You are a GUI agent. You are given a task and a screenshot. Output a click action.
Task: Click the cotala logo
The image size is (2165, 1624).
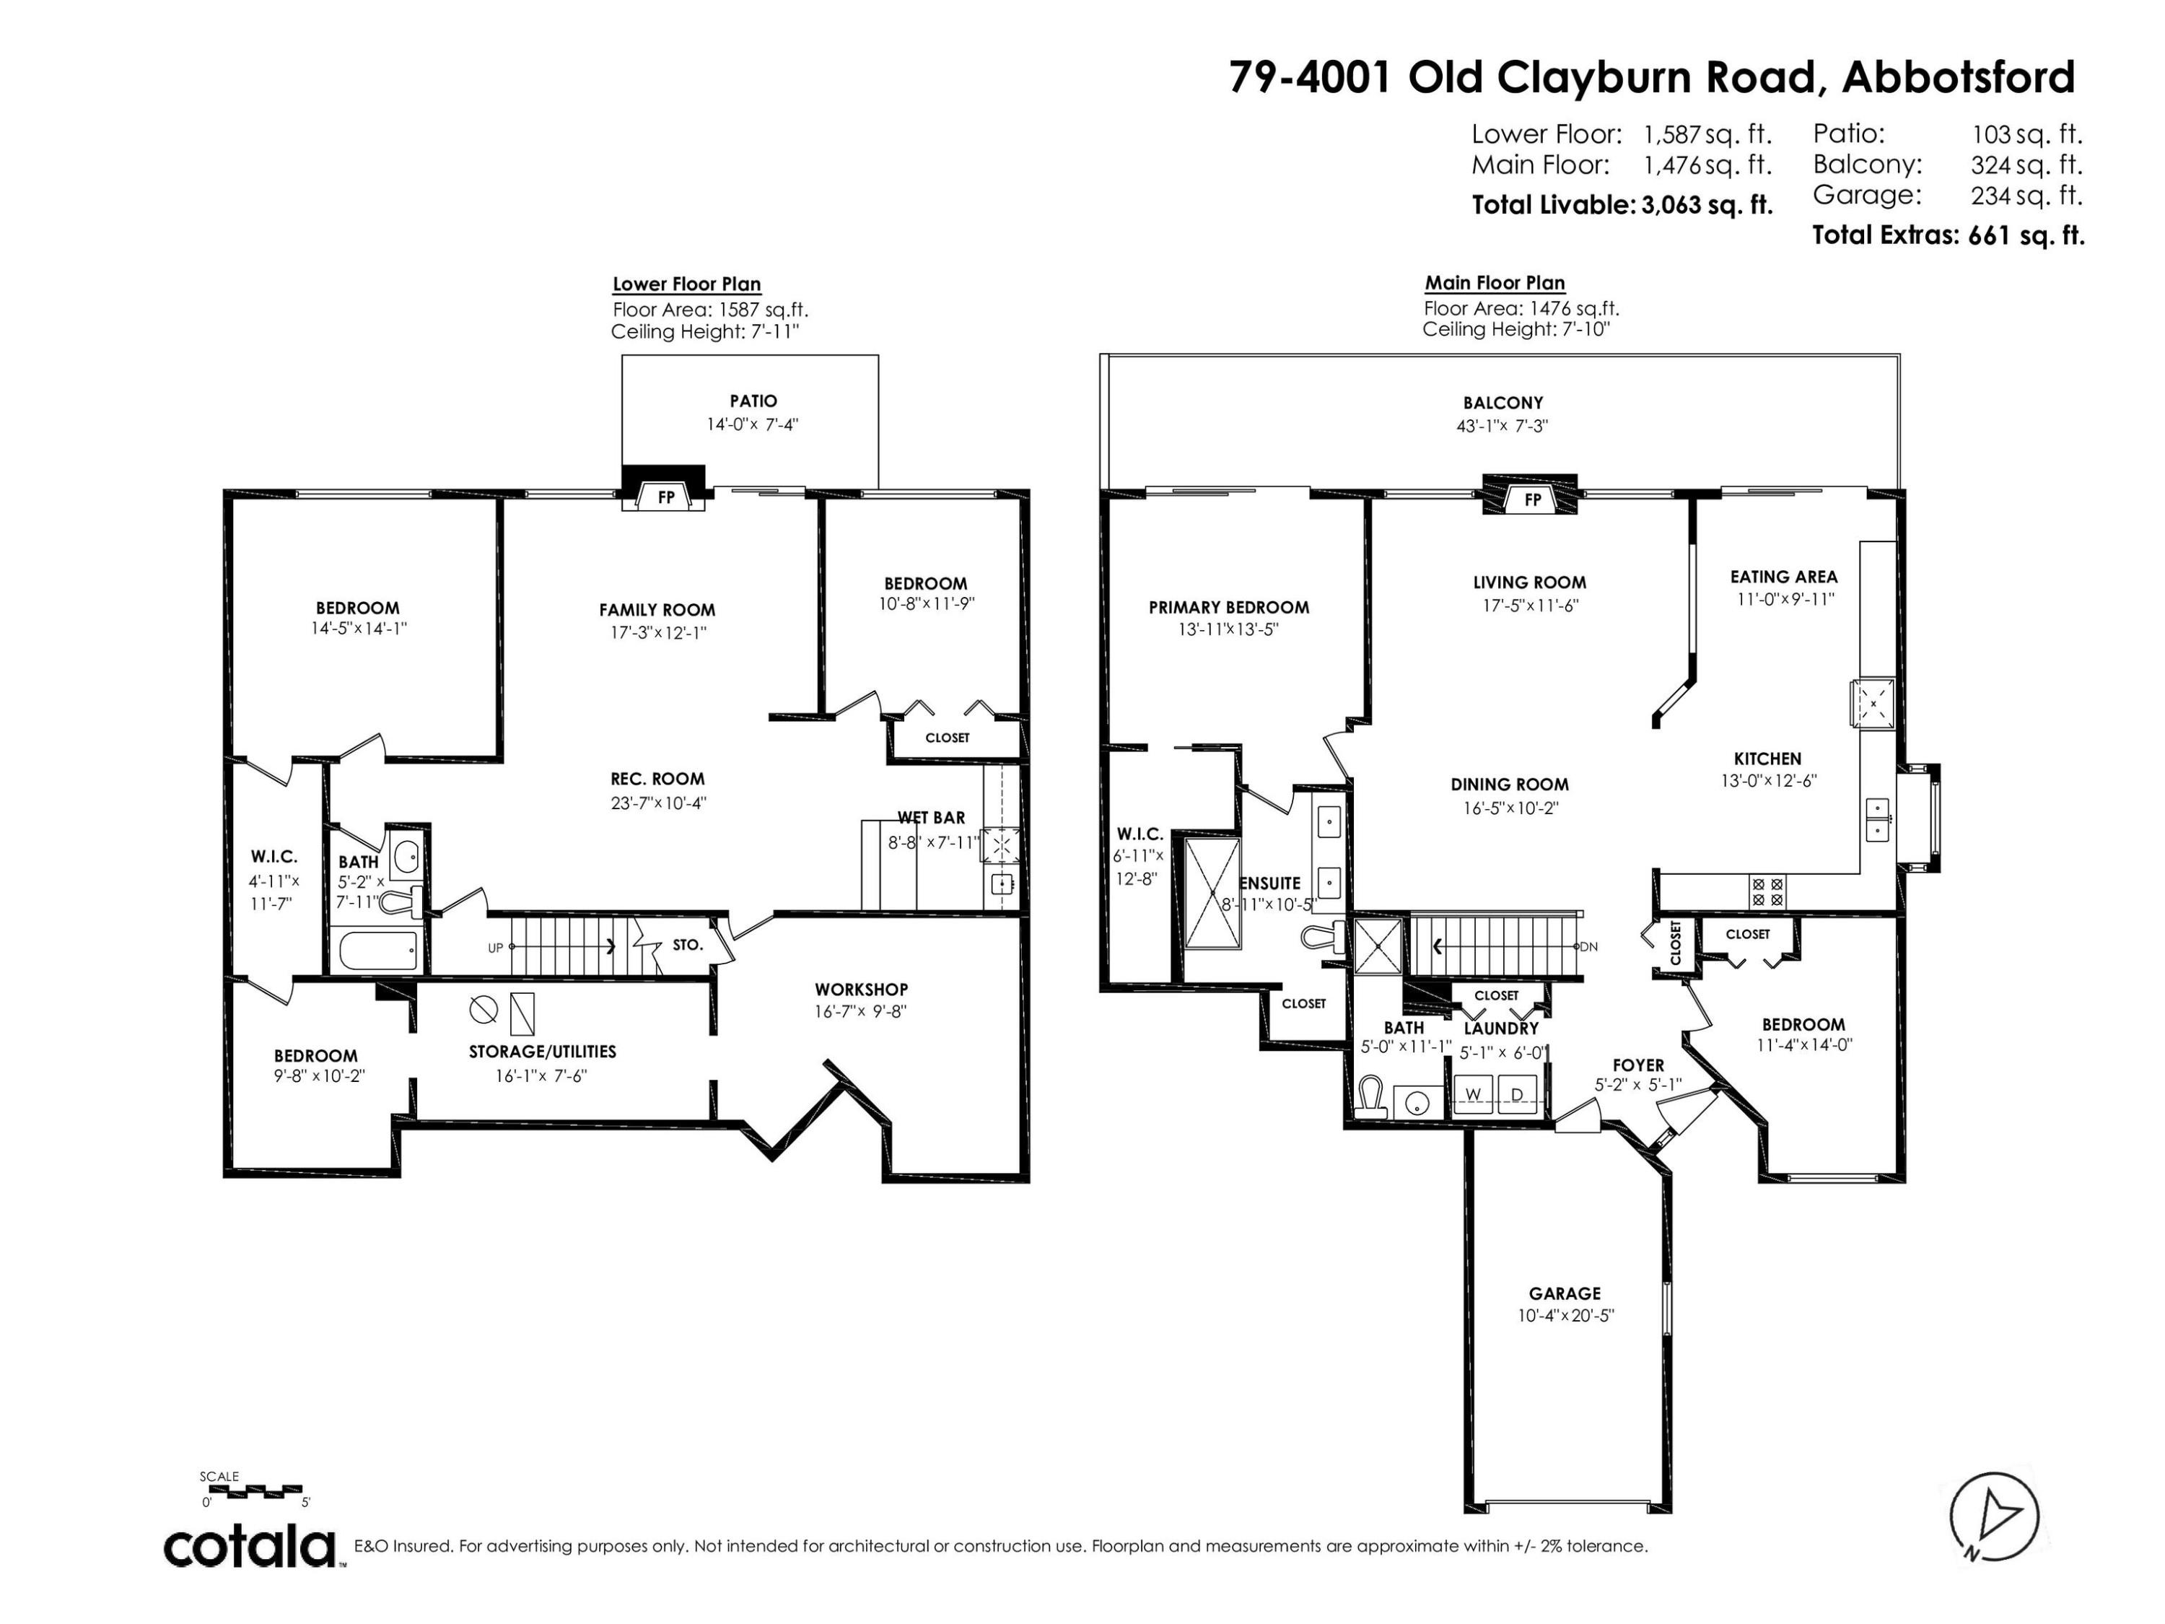point(250,1547)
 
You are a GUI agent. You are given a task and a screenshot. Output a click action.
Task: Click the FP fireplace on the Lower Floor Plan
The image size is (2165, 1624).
point(665,497)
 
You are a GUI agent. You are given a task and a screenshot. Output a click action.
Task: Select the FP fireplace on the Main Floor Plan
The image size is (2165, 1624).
point(1533,499)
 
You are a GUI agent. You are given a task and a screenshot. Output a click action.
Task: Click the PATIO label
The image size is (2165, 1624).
point(753,401)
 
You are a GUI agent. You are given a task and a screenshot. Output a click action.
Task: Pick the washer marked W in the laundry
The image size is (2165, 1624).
point(1473,1093)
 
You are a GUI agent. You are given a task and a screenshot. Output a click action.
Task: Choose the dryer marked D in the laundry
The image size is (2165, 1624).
point(1517,1093)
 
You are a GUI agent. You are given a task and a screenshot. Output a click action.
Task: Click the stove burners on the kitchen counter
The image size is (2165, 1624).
point(1767,891)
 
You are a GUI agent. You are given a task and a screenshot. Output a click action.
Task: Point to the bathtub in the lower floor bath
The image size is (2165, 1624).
point(378,950)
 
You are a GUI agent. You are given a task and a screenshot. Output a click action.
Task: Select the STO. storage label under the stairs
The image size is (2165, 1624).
point(687,945)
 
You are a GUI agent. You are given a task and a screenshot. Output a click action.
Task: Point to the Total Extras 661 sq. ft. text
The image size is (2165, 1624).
point(1948,235)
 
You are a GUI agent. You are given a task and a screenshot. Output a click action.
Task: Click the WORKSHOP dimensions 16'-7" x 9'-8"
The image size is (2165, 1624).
point(860,1012)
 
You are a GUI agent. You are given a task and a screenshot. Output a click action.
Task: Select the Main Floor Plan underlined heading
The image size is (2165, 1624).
point(1495,283)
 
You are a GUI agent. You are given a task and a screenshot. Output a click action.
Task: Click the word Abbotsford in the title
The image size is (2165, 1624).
point(1957,77)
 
